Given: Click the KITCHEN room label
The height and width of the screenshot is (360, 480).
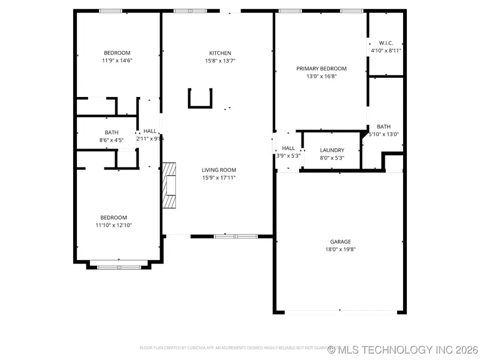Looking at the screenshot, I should [220, 53].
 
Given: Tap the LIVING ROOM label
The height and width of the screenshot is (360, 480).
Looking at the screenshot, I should [219, 170].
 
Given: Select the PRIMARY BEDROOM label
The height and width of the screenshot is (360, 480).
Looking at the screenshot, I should [321, 68].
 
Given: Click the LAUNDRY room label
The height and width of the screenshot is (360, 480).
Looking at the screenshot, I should [332, 150].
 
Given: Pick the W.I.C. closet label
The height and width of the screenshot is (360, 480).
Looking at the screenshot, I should [386, 43].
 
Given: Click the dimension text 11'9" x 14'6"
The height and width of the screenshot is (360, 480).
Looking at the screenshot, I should [117, 61].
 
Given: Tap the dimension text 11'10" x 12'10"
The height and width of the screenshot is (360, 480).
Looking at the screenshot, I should [114, 226].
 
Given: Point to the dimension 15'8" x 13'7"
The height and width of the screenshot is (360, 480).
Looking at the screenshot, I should [220, 61].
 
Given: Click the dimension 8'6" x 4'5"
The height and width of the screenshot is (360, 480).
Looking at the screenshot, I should [111, 140].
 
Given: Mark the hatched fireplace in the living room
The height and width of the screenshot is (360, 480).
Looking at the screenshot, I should [169, 185].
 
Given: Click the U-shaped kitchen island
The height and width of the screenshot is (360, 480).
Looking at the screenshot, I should [200, 98].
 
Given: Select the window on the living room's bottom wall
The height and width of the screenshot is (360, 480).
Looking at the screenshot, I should [235, 235].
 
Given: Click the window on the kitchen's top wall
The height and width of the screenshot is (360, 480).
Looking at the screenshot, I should [190, 10].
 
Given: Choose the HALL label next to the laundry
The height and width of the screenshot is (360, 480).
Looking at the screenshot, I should [288, 148].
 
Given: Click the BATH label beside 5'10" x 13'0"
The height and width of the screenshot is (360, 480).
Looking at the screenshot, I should [383, 126].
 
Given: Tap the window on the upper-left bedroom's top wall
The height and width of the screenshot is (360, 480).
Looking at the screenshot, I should [110, 10].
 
